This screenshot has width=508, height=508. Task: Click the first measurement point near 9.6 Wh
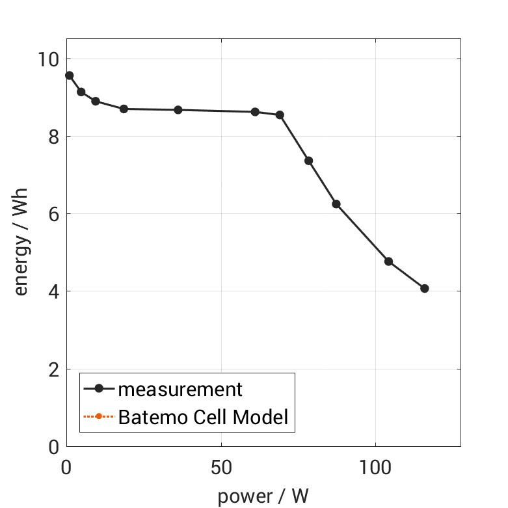click(x=70, y=75)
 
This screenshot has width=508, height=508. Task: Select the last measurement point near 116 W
click(x=425, y=288)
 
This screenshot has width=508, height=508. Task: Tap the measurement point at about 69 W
click(x=280, y=115)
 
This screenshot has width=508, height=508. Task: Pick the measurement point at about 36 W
click(x=178, y=110)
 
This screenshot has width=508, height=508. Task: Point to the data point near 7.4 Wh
click(x=309, y=161)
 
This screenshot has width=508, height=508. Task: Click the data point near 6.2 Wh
click(x=336, y=204)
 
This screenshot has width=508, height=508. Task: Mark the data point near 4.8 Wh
click(x=388, y=261)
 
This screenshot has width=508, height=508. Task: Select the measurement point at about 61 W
click(x=255, y=112)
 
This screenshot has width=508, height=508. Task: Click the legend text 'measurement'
click(x=180, y=390)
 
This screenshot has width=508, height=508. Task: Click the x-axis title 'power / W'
click(x=263, y=496)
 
